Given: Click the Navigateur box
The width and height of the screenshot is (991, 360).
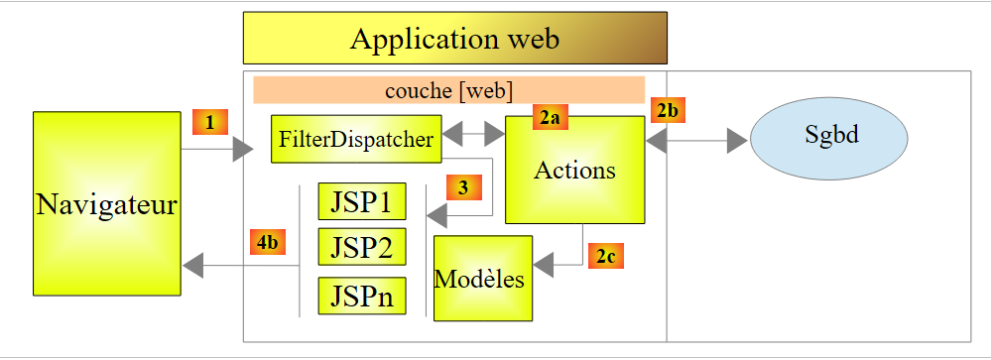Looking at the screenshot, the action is click(x=107, y=203).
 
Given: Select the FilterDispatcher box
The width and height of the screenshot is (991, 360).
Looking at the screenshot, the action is click(x=356, y=139).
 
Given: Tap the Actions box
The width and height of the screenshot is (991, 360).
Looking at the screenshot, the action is click(x=575, y=170).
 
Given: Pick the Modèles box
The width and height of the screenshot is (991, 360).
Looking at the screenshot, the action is click(x=483, y=278).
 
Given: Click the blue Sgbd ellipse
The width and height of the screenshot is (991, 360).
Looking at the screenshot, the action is click(x=829, y=138).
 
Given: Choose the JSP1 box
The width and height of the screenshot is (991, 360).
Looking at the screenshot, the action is click(x=362, y=201).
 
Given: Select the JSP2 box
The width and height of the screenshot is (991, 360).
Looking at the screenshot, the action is click(x=362, y=246).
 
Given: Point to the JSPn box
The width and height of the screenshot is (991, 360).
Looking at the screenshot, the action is click(x=362, y=296).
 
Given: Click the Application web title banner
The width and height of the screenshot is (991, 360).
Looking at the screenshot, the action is click(x=455, y=38).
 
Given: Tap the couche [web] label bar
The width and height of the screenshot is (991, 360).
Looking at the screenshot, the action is click(x=448, y=89).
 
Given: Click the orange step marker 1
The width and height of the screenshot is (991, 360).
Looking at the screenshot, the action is click(x=210, y=122).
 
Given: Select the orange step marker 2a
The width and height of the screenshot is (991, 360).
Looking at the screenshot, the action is click(x=551, y=117).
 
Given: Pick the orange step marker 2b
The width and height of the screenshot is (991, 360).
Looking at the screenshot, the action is click(x=668, y=110).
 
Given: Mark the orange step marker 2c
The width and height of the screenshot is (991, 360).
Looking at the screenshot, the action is click(x=606, y=256).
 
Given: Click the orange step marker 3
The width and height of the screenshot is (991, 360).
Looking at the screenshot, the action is click(x=464, y=187).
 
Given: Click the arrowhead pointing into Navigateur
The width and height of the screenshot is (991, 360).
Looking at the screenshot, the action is click(x=192, y=265).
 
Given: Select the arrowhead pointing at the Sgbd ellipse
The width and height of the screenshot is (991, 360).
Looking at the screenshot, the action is click(x=738, y=141).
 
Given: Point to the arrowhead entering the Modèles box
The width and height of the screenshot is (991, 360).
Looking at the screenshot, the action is click(x=544, y=265).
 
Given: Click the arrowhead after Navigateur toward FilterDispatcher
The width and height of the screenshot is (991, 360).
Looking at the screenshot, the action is click(x=243, y=150).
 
